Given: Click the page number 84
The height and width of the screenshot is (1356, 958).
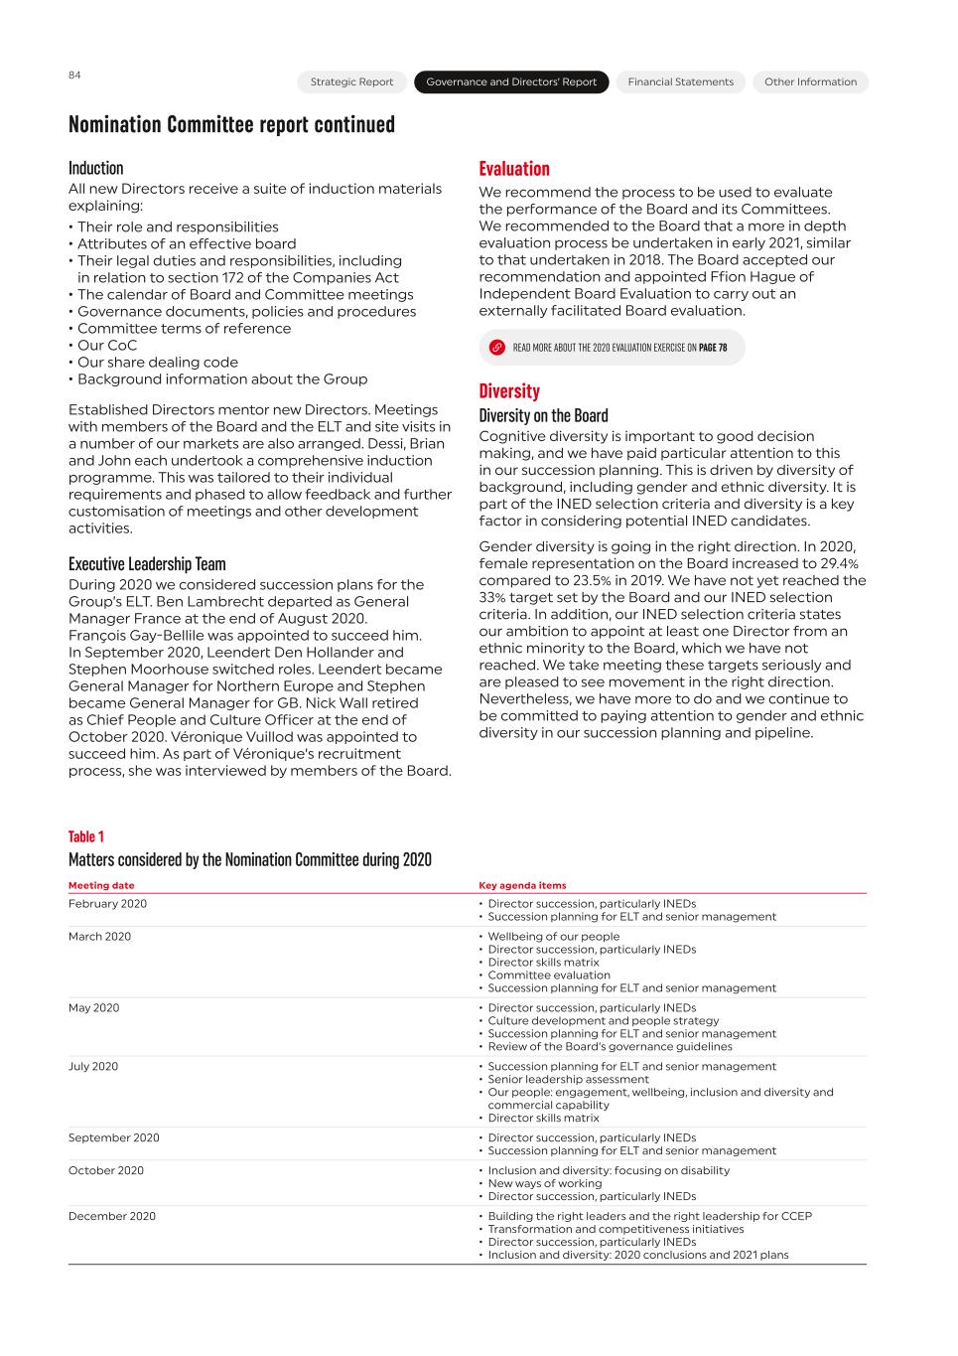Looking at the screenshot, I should click(74, 75).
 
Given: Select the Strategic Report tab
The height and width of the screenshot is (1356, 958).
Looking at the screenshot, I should click(351, 82).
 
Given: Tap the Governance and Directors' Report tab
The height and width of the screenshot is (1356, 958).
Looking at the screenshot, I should click(511, 82).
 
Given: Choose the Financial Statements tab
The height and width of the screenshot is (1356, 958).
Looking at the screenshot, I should click(680, 82).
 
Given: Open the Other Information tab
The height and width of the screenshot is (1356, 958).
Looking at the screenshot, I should click(810, 82).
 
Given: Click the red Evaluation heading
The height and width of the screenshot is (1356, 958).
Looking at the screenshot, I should click(513, 169).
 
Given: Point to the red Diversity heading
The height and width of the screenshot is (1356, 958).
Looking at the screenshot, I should click(508, 391).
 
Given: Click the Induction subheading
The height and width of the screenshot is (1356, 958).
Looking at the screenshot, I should click(95, 168).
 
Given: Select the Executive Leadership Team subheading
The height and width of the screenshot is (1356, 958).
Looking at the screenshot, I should click(146, 564).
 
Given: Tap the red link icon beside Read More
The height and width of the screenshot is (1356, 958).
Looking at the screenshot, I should click(497, 348).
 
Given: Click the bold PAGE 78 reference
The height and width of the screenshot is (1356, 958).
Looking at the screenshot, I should click(713, 348).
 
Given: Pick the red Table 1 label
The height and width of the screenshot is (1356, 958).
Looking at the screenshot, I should click(85, 836).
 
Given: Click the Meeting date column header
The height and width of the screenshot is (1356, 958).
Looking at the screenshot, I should click(101, 885).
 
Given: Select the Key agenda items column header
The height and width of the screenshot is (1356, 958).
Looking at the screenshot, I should click(522, 885).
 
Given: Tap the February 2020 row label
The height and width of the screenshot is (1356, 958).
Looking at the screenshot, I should click(107, 904).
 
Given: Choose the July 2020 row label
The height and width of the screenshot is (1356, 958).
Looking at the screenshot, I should click(93, 1067).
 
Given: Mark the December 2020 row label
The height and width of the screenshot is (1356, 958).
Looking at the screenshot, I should click(111, 1217).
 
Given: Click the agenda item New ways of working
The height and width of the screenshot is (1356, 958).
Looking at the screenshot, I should click(544, 1184).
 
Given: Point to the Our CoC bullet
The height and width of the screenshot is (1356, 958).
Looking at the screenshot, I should click(107, 346).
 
